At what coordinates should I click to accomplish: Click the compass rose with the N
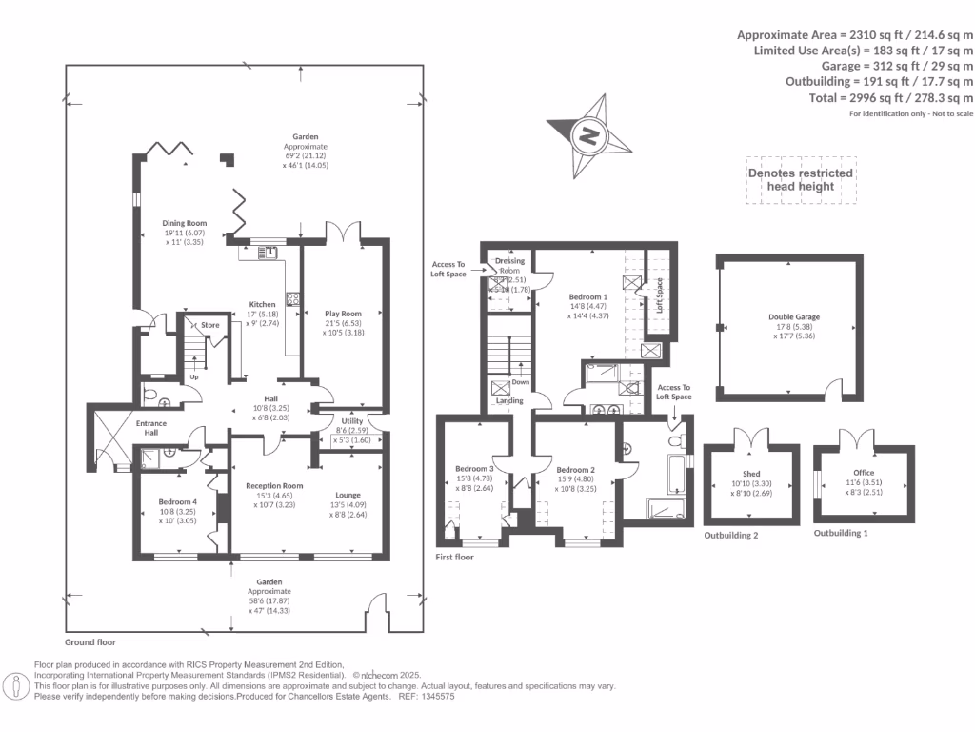tap(588, 134)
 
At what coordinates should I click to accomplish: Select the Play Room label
tap(343, 313)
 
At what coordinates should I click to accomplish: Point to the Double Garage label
tap(793, 317)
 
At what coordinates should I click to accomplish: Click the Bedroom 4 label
tap(179, 501)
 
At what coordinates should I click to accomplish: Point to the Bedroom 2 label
tap(575, 469)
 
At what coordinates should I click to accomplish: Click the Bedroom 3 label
tap(474, 469)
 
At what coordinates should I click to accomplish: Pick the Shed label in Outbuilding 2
tap(751, 474)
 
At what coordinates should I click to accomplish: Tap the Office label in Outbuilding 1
tap(864, 473)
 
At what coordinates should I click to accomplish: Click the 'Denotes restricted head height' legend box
tap(800, 180)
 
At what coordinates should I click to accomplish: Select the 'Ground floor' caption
tap(90, 642)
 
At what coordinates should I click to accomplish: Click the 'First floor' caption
tap(454, 557)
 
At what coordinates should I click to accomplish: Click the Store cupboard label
tap(209, 325)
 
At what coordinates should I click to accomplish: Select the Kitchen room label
tap(262, 305)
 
